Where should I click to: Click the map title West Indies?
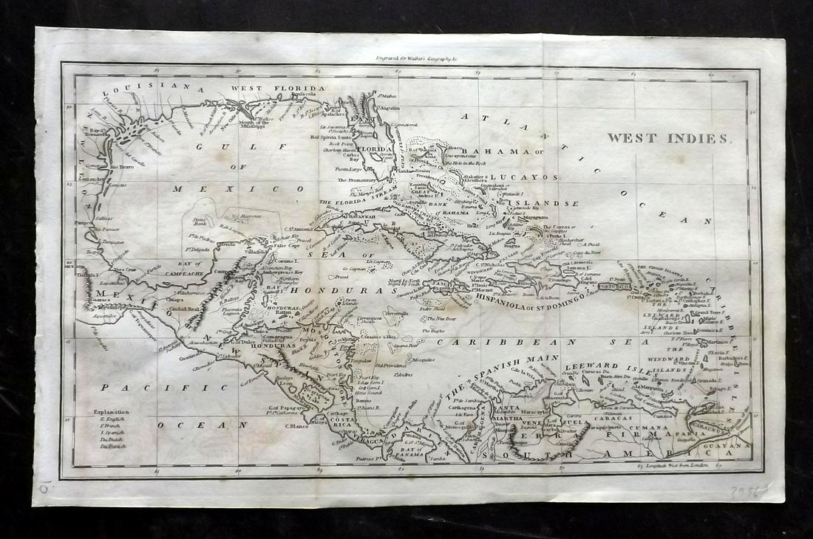(668, 138)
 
